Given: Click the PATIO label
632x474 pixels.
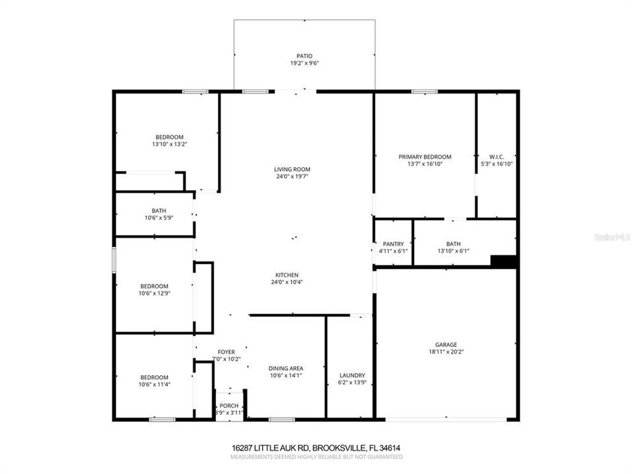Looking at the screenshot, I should pos(303,56).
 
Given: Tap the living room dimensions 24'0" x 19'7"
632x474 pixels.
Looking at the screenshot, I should pos(292,176).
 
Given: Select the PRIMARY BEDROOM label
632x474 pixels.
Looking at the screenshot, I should pos(425,157).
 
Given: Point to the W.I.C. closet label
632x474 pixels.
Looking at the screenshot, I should pos(496,157).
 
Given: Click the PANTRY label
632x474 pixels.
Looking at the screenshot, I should pos(393,244).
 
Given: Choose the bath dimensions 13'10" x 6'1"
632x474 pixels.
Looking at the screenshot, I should pos(453,251).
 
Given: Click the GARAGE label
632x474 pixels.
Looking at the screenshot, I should pos(446,344).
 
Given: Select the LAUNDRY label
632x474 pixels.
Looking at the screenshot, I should pos(351,375).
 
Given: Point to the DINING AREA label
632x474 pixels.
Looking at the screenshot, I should pos(285,369).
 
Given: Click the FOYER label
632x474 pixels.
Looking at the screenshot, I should pos(226,352).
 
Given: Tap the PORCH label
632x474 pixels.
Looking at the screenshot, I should pos(229,406).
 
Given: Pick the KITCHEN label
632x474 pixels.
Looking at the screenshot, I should pos(288,275).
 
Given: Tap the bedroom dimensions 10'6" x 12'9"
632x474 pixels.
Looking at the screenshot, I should pos(155,294).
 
